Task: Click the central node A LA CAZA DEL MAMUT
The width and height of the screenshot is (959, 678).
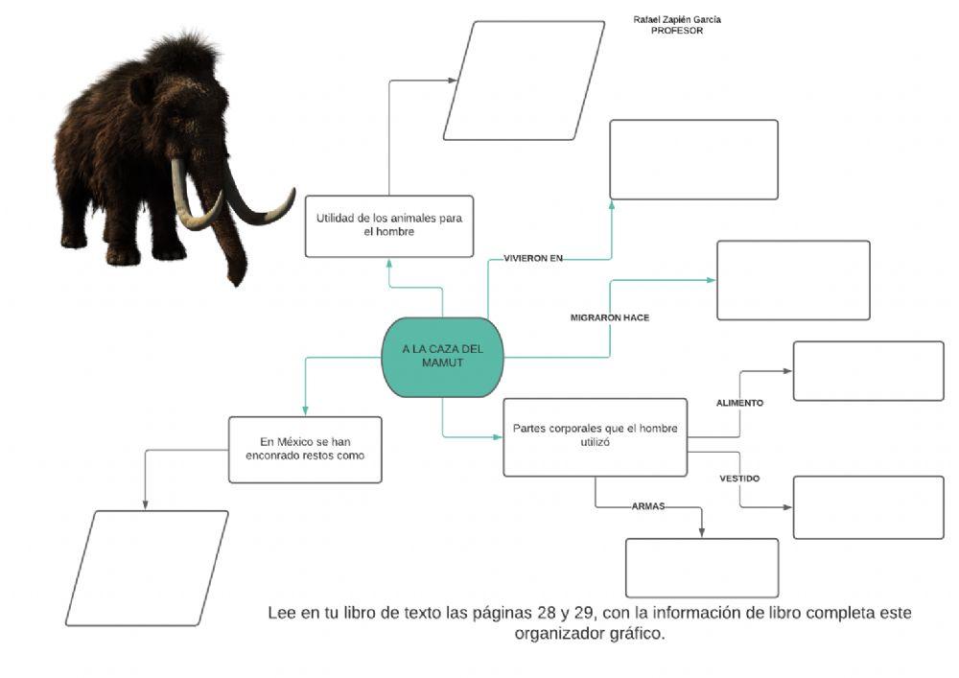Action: click(x=442, y=357)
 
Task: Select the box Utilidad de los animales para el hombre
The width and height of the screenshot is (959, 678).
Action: click(x=389, y=225)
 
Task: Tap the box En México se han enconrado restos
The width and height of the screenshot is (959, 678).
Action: click(x=305, y=449)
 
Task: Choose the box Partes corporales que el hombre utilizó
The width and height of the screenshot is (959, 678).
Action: click(x=595, y=436)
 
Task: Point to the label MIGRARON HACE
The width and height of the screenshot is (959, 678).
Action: click(x=610, y=317)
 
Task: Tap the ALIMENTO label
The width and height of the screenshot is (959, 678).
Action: click(x=739, y=403)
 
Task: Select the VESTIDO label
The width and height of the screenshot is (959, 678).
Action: click(x=739, y=478)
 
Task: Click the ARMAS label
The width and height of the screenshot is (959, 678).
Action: click(x=648, y=505)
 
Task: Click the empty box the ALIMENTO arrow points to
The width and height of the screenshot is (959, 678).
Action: click(x=868, y=371)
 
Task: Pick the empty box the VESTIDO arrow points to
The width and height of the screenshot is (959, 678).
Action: click(x=868, y=506)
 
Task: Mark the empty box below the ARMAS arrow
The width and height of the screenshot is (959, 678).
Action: click(x=701, y=568)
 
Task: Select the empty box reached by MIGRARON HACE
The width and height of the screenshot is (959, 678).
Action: click(x=793, y=280)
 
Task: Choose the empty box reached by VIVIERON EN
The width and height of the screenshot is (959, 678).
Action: click(x=693, y=159)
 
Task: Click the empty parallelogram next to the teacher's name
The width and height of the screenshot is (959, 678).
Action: click(x=524, y=81)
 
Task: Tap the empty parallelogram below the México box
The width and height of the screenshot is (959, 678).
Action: click(x=147, y=568)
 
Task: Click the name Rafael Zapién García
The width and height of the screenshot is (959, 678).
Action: click(x=677, y=19)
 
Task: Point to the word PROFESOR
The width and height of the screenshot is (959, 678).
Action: click(x=677, y=31)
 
